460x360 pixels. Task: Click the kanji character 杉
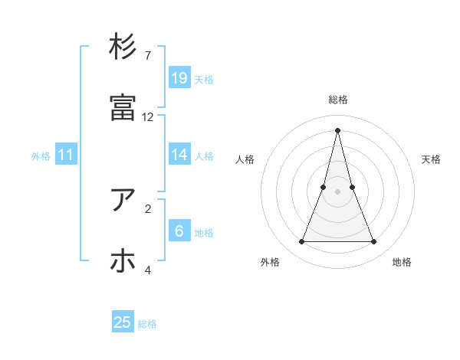[123, 47]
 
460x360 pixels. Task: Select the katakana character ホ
[123, 261]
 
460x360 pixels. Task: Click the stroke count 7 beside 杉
[147, 56]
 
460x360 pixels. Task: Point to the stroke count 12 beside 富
[148, 117]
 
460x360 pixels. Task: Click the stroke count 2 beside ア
[147, 208]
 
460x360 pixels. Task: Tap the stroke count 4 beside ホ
[148, 270]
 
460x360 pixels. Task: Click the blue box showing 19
[179, 77]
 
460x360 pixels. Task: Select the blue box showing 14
[179, 154]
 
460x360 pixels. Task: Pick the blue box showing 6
[179, 231]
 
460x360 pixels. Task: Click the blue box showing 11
[66, 155]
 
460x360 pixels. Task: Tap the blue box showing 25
[123, 322]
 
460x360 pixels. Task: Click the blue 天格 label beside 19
[204, 79]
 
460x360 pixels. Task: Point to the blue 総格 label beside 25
[147, 324]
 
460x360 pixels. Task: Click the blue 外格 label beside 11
[41, 156]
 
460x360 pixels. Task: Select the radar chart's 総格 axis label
[338, 100]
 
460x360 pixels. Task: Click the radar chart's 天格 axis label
[431, 159]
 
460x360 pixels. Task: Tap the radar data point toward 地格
[374, 242]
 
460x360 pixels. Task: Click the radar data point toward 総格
[338, 130]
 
